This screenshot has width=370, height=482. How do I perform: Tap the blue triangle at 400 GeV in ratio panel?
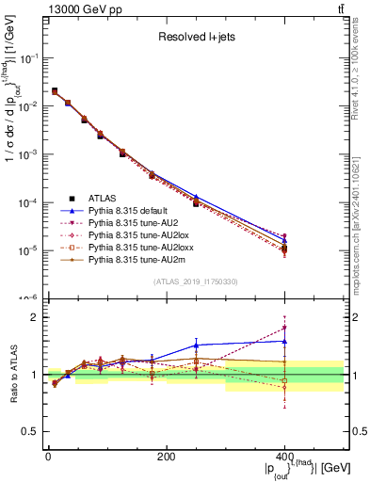click(x=284, y=341)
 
